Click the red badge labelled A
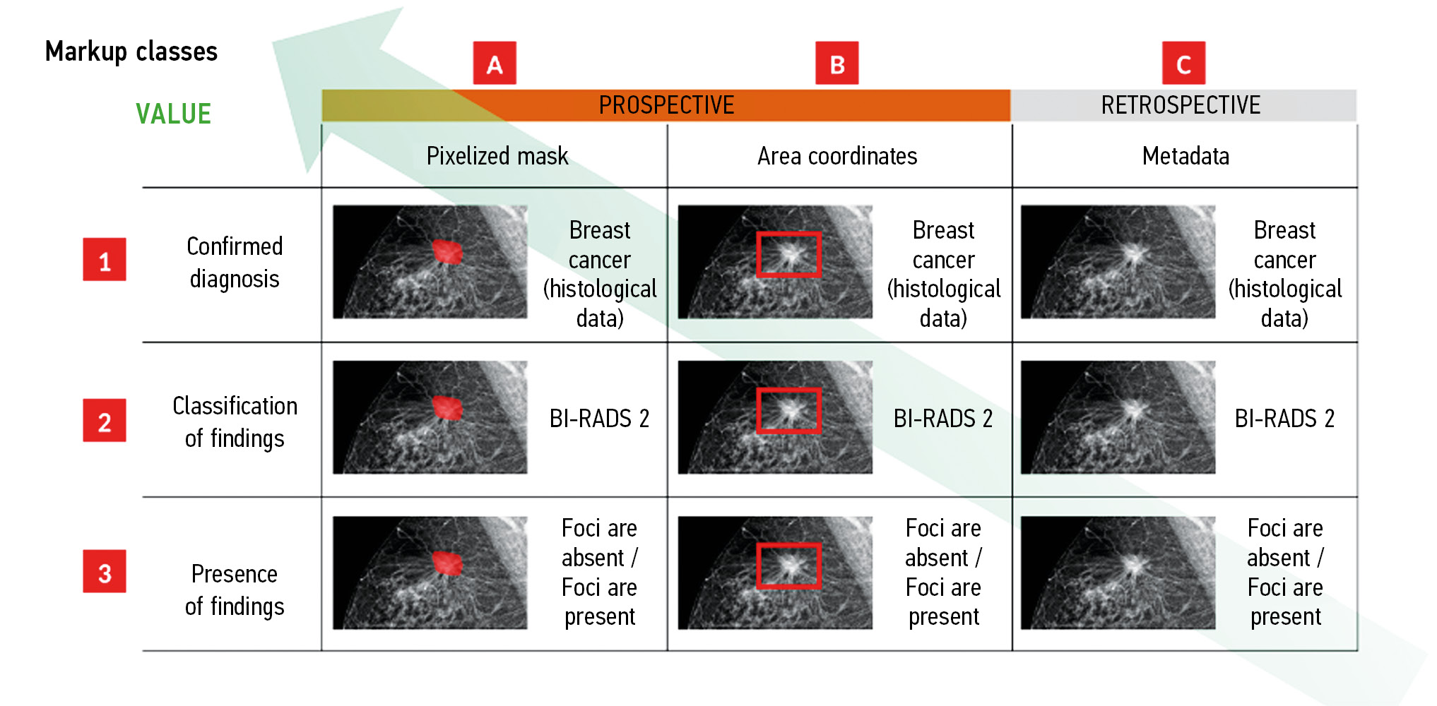pyautogui.click(x=495, y=63)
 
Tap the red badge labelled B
pyautogui.click(x=837, y=63)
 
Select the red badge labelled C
pyautogui.click(x=1184, y=63)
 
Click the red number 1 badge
pyautogui.click(x=105, y=259)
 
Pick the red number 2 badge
pyautogui.click(x=105, y=420)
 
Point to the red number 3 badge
pyautogui.click(x=105, y=571)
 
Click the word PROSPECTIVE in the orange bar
pyautogui.click(x=666, y=105)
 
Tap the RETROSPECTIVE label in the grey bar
pyautogui.click(x=1181, y=105)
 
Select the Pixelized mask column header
pyautogui.click(x=497, y=156)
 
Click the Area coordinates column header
pyautogui.click(x=837, y=156)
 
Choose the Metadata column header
pyautogui.click(x=1185, y=156)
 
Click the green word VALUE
pyautogui.click(x=173, y=114)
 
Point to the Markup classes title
pyautogui.click(x=131, y=52)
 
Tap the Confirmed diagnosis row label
pyautogui.click(x=235, y=263)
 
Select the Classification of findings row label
pyautogui.click(x=235, y=422)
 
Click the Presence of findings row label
pyautogui.click(x=235, y=590)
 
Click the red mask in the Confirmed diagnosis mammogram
pyautogui.click(x=447, y=251)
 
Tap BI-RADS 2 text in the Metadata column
pyautogui.click(x=1284, y=419)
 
